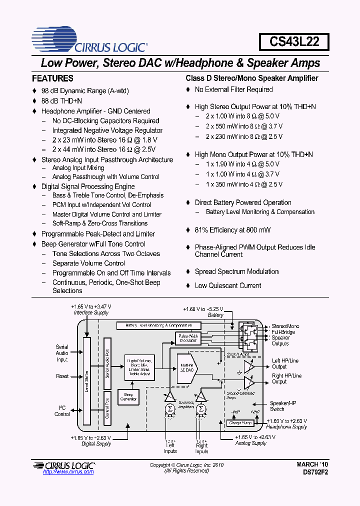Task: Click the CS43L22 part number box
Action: (x=293, y=41)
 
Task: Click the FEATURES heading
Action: (x=52, y=78)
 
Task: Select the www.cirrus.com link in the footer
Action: (x=68, y=471)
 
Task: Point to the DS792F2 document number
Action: (x=315, y=472)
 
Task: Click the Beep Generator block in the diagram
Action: (x=128, y=396)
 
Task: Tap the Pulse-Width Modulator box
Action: (x=188, y=338)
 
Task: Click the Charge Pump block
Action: (x=240, y=423)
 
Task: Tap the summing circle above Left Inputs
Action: (x=169, y=409)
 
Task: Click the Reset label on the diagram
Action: (x=62, y=376)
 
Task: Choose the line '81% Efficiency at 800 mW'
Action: (x=232, y=230)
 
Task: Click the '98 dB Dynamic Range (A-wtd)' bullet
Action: (x=84, y=91)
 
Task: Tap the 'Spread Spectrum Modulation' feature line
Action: (x=236, y=271)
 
